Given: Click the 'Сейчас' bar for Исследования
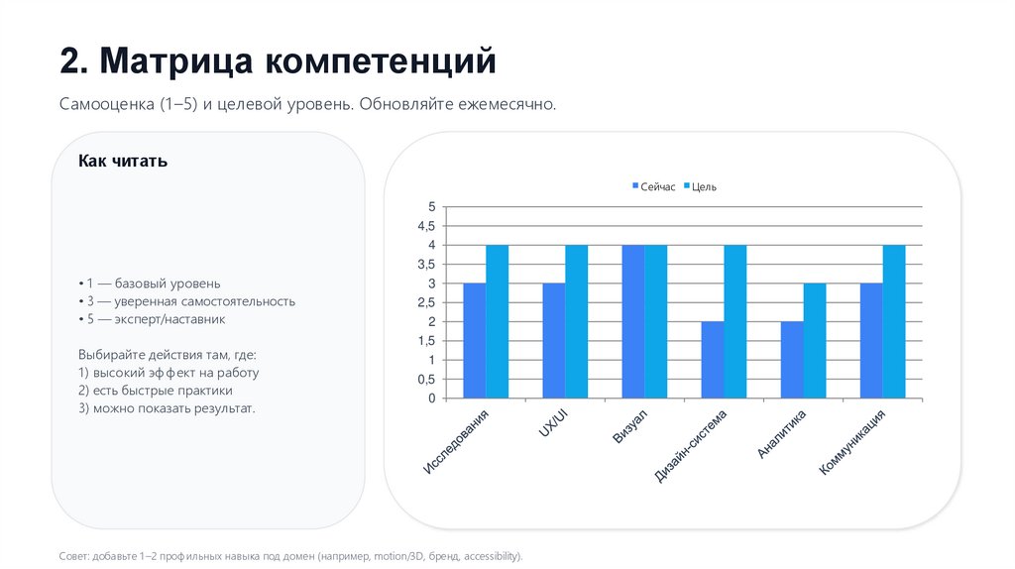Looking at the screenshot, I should point(475,341).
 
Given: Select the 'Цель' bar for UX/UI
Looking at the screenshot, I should point(577,321).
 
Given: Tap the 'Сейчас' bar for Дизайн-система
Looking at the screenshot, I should point(713,360).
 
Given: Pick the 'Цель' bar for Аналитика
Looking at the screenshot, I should point(815,341).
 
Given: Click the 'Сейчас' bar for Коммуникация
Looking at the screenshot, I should point(871,341).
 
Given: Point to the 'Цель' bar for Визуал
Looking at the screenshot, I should point(656,321).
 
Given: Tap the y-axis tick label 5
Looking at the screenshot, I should point(431,206).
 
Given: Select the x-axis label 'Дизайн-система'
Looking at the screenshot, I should point(692,445).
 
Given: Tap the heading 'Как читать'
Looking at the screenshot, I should point(123,161).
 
